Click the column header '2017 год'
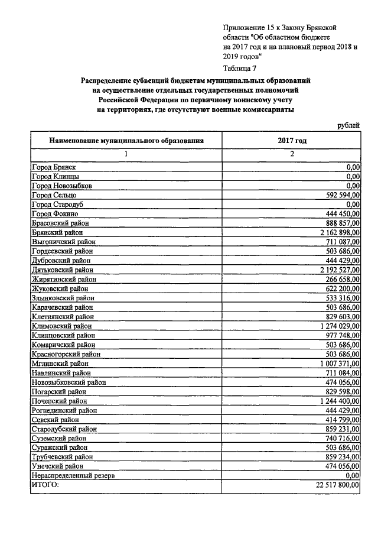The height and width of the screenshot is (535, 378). click(292, 141)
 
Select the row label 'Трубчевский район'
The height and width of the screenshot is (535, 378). click(62, 457)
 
